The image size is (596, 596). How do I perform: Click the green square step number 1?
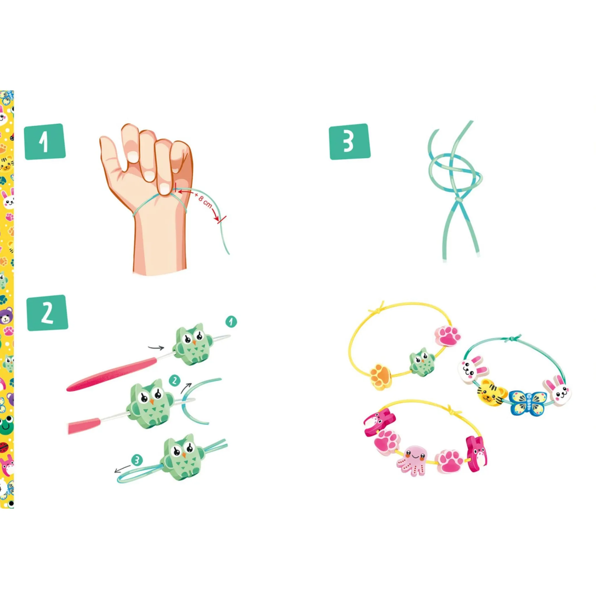pyautogui.click(x=45, y=142)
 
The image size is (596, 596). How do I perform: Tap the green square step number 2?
pyautogui.click(x=47, y=313)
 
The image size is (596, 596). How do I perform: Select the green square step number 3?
pyautogui.click(x=350, y=142)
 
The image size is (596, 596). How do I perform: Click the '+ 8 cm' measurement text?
pyautogui.click(x=203, y=200)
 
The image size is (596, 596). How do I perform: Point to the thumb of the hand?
pyautogui.click(x=111, y=160)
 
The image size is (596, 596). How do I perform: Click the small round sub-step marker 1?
pyautogui.click(x=231, y=322)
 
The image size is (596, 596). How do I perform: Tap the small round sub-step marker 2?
pyautogui.click(x=175, y=381)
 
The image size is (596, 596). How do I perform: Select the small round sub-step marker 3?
pyautogui.click(x=137, y=460)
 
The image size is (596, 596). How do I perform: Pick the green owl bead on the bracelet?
pyautogui.click(x=422, y=361)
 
